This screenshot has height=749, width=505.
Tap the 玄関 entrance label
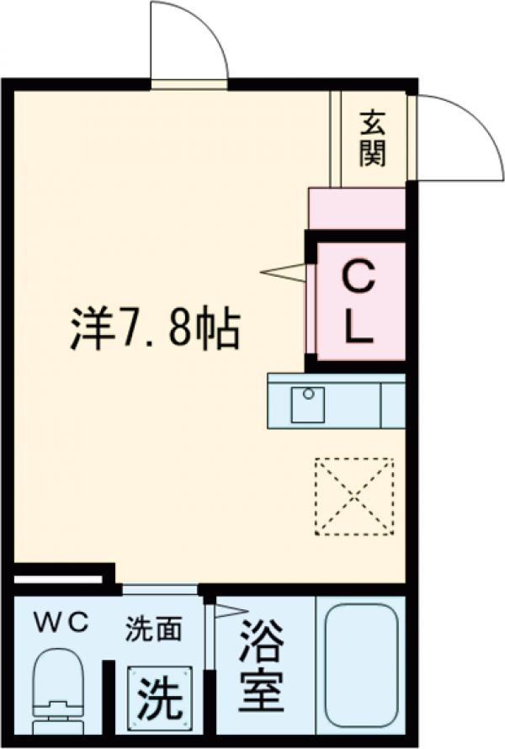[x=373, y=138]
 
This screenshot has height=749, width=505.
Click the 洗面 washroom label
[x=154, y=629]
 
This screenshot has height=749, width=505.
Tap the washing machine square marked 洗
[x=158, y=696]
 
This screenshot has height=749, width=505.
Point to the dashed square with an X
[x=353, y=496]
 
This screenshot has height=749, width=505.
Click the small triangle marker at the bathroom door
[x=225, y=610]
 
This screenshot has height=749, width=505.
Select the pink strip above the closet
[x=357, y=208]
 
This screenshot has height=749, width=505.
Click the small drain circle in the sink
[x=308, y=394]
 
